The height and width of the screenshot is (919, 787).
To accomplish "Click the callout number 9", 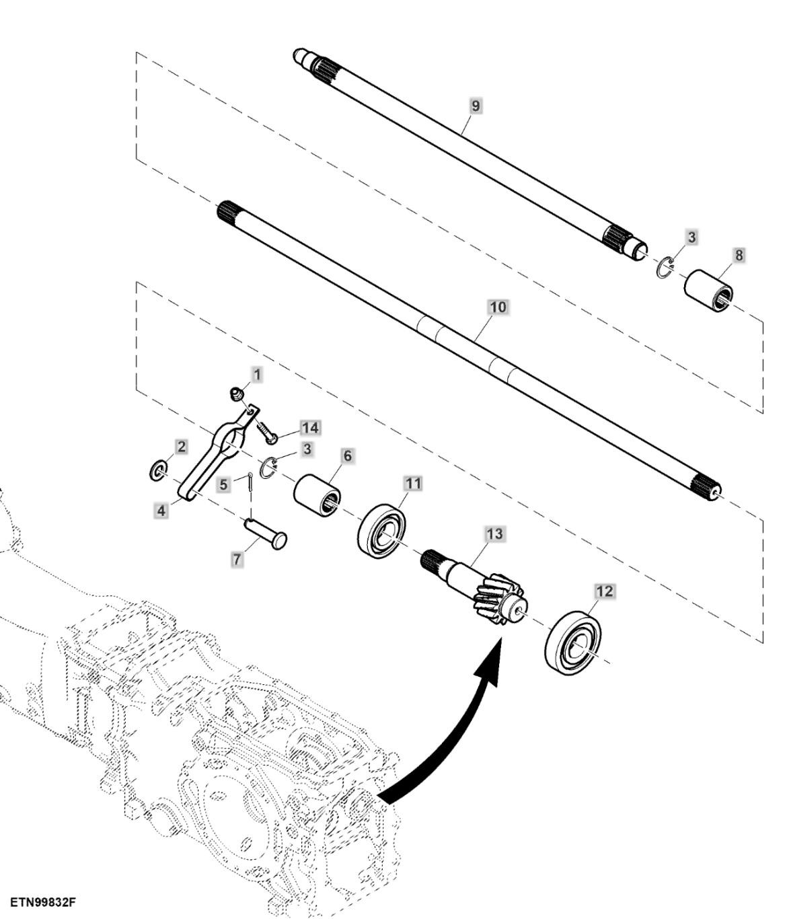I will [x=476, y=106].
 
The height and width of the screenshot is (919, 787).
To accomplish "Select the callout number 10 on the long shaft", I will [x=498, y=307].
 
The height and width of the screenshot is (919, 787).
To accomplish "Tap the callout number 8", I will [x=739, y=256].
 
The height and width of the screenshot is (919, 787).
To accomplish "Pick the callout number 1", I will [x=256, y=374].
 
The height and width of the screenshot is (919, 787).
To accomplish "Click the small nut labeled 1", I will [x=237, y=394].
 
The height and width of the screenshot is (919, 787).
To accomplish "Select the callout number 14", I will [x=310, y=428].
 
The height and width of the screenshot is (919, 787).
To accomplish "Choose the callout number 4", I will [x=161, y=511].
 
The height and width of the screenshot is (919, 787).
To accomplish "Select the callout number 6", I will [x=347, y=456].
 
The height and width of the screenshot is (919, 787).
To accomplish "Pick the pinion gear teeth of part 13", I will [x=498, y=597].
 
